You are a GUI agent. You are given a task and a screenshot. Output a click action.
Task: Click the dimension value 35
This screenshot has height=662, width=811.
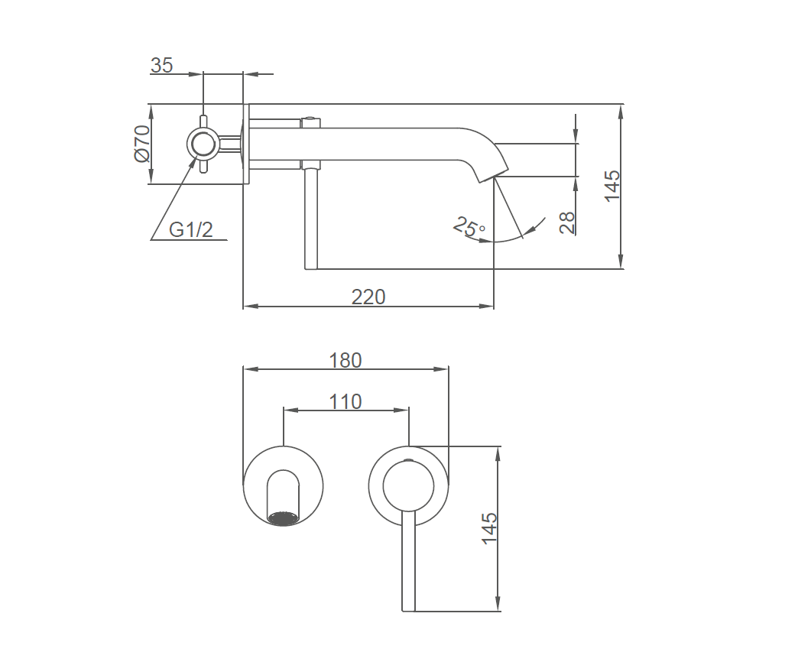[x=161, y=66]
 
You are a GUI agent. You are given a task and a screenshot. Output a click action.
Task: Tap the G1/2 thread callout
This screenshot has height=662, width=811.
[x=191, y=229]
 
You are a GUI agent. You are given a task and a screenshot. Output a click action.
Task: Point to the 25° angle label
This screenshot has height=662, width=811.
[x=469, y=227]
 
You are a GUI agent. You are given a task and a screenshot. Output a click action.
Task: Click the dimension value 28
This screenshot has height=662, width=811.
[x=567, y=222]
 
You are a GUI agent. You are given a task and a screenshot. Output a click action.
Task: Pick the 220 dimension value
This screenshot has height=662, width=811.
[x=368, y=297]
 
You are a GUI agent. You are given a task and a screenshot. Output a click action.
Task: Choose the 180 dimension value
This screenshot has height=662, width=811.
[x=345, y=361]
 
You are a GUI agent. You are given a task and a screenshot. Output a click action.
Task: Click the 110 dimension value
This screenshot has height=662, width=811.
[x=345, y=401]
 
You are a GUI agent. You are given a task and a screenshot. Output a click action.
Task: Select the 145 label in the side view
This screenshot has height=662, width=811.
[x=611, y=186]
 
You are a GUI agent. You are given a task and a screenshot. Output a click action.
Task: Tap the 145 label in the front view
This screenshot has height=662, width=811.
[x=489, y=528]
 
